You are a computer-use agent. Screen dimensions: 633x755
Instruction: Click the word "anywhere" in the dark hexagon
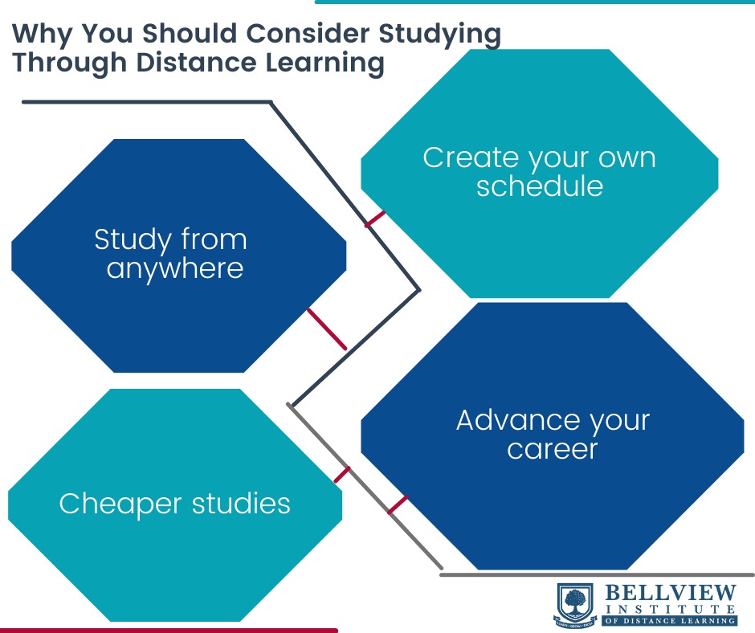point(175,268)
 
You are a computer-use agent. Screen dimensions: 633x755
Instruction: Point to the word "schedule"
point(539,186)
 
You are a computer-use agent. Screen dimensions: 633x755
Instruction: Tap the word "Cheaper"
point(120,504)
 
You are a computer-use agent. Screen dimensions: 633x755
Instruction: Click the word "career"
point(553,448)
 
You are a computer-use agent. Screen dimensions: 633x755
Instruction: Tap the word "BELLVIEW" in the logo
point(670,593)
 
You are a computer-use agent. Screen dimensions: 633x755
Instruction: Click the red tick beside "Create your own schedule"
point(375,219)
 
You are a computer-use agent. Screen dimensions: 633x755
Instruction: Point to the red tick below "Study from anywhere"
point(327,329)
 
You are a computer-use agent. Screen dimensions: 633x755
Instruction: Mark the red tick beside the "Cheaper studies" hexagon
point(342,474)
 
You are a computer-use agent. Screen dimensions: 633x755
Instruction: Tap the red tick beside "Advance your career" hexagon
point(398,504)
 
